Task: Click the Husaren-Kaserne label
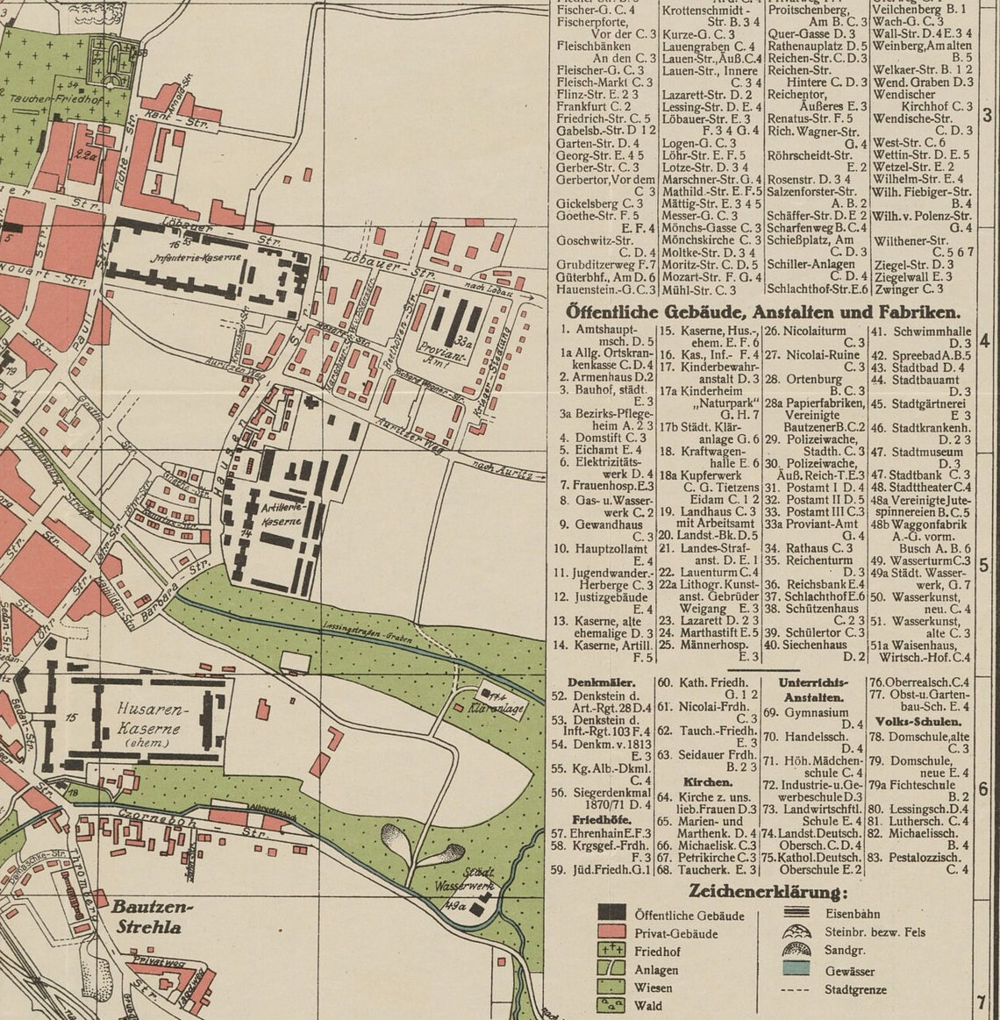(148, 717)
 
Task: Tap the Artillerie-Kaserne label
(282, 514)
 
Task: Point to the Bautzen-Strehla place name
(152, 917)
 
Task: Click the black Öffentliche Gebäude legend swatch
(611, 915)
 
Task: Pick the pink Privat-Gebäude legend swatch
(611, 932)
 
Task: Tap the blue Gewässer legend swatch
(796, 969)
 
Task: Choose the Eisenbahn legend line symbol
(796, 913)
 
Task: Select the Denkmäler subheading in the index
(602, 681)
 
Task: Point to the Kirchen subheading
(707, 781)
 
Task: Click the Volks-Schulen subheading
(918, 721)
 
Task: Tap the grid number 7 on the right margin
(983, 1002)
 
